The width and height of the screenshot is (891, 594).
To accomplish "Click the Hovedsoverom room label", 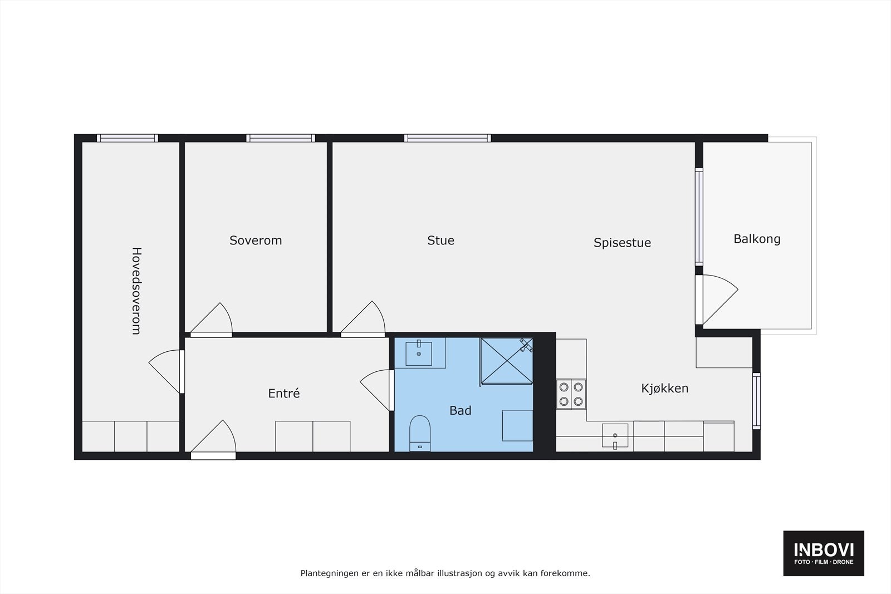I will pyautogui.click(x=136, y=291).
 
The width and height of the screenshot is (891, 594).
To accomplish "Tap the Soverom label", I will pyautogui.click(x=256, y=240).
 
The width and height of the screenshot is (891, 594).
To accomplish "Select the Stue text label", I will pyautogui.click(x=440, y=240).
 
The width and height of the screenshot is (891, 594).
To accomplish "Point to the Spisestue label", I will pyautogui.click(x=622, y=243).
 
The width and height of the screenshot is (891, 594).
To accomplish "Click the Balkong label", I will pyautogui.click(x=757, y=239).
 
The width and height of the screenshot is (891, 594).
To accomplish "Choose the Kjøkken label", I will pyautogui.click(x=664, y=389).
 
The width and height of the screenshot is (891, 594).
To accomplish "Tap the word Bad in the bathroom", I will pyautogui.click(x=460, y=411).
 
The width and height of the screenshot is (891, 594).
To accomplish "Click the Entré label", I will pyautogui.click(x=284, y=394).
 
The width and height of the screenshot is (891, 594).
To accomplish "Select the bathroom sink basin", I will pyautogui.click(x=419, y=354).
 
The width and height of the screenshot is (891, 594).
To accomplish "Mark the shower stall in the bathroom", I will pyautogui.click(x=506, y=361).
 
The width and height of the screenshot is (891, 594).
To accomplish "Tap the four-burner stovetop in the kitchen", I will pyautogui.click(x=571, y=394).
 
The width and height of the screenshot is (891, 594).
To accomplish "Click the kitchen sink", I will pyautogui.click(x=615, y=436).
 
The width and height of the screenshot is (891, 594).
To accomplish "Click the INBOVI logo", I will pyautogui.click(x=824, y=553).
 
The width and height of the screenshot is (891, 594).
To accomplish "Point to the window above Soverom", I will pyautogui.click(x=281, y=138).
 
